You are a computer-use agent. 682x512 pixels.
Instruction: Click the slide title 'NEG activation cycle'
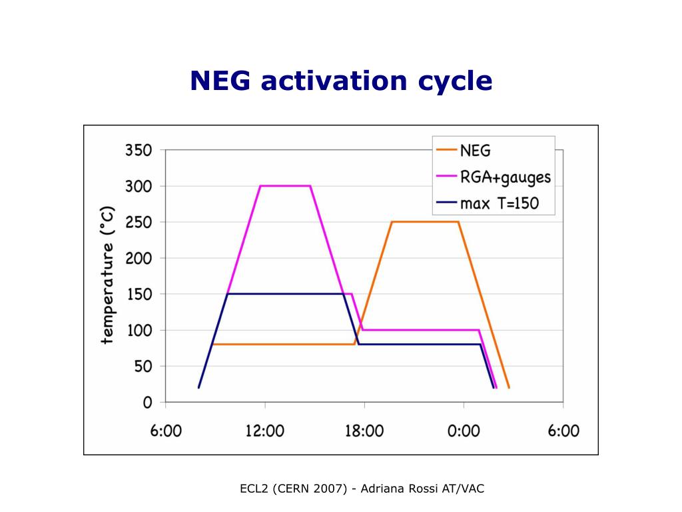pos(341,81)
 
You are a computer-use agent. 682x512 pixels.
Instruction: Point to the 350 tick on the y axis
pos(139,150)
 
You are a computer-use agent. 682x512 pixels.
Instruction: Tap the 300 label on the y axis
pos(139,186)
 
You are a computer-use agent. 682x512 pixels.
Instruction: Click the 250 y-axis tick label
pos(139,222)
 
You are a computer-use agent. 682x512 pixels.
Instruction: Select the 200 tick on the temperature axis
pos(139,258)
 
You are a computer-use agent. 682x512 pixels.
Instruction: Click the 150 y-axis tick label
pos(139,294)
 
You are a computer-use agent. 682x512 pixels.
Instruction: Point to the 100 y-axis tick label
pos(139,330)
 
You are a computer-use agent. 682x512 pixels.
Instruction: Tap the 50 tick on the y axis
pos(143,366)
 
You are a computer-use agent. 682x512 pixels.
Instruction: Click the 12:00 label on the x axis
pos(264,431)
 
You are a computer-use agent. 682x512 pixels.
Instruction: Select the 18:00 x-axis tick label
pos(364,431)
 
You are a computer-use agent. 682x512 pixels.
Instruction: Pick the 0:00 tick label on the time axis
pos(464,431)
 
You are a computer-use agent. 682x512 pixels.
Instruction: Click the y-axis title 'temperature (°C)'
pos(108,275)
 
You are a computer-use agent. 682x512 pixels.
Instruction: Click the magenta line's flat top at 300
pos(285,186)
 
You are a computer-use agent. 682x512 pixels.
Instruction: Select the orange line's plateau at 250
pos(425,222)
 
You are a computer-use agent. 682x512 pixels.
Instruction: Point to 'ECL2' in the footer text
pos(254,489)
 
